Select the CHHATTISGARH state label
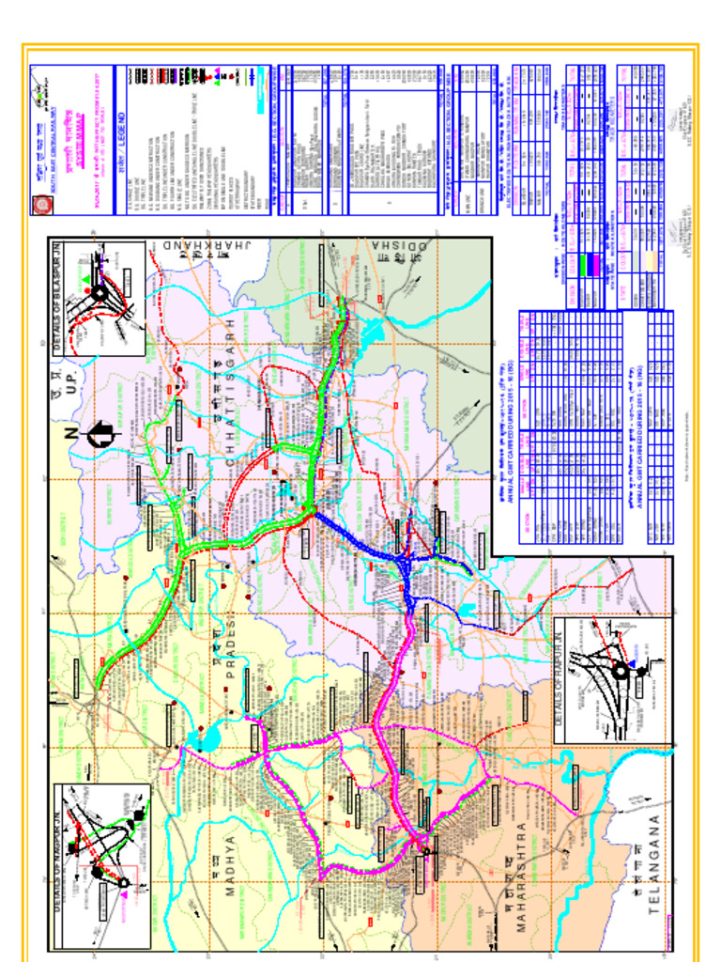click(231, 395)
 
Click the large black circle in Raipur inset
click(620, 671)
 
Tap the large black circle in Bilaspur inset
click(99, 293)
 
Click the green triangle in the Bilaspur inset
click(87, 280)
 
